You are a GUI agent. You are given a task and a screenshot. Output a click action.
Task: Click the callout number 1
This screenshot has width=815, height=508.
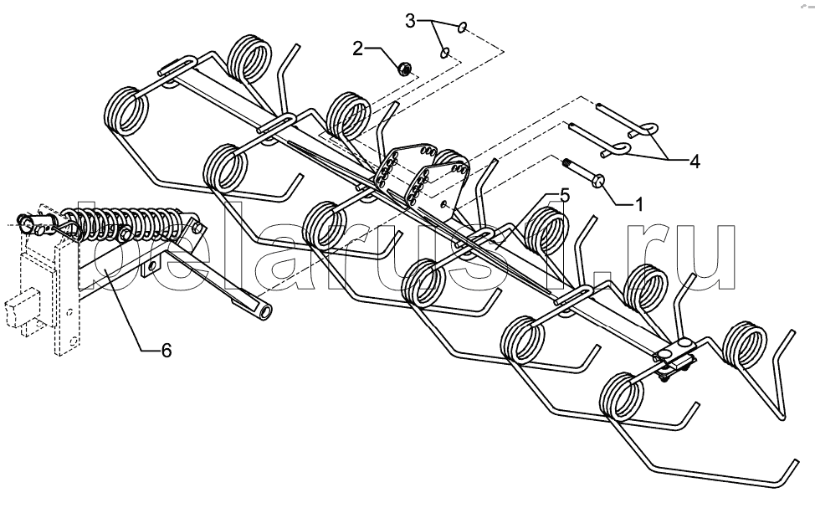tap(639, 204)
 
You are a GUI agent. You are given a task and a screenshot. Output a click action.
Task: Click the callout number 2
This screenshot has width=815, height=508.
tap(358, 49)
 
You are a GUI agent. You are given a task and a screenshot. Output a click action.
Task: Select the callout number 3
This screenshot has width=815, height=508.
tap(411, 22)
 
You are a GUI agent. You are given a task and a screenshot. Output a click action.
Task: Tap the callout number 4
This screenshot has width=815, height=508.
tap(695, 162)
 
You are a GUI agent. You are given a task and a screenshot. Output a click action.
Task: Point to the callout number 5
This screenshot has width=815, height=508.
tap(565, 196)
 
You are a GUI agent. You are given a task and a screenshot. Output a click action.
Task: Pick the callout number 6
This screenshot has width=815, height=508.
tap(166, 351)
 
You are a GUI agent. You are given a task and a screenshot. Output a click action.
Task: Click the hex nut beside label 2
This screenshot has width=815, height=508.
tap(404, 68)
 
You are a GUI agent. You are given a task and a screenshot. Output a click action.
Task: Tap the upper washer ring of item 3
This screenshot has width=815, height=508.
tap(462, 27)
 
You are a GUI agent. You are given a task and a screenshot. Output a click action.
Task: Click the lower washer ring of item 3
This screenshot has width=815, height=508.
tap(445, 53)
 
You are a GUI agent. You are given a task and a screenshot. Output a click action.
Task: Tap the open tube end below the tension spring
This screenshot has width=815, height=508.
tap(265, 311)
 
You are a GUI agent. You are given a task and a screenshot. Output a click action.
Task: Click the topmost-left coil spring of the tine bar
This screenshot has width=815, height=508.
tap(249, 59)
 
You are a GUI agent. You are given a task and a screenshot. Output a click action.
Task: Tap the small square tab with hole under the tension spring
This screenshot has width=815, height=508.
tap(151, 266)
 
